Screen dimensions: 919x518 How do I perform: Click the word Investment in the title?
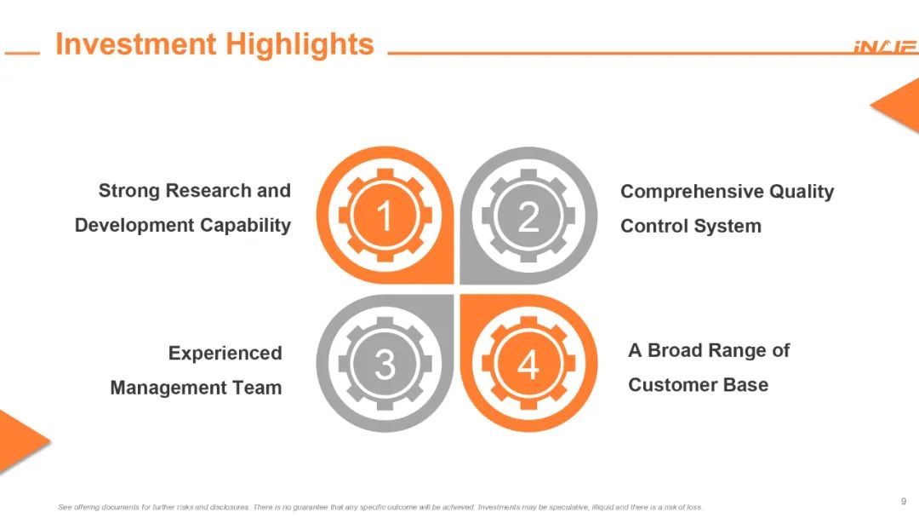(136, 44)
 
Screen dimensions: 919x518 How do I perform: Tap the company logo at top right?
(886, 47)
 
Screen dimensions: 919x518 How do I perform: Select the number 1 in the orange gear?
(385, 216)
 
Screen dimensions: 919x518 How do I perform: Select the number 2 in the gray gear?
(528, 216)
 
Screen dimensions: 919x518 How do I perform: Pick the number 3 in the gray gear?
(385, 365)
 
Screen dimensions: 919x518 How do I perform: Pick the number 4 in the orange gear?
(528, 365)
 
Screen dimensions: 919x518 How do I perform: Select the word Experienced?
(225, 354)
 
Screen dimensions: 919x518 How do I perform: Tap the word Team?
(257, 388)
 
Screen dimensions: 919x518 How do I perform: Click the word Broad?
(674, 351)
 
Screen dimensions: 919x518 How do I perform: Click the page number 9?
(904, 501)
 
